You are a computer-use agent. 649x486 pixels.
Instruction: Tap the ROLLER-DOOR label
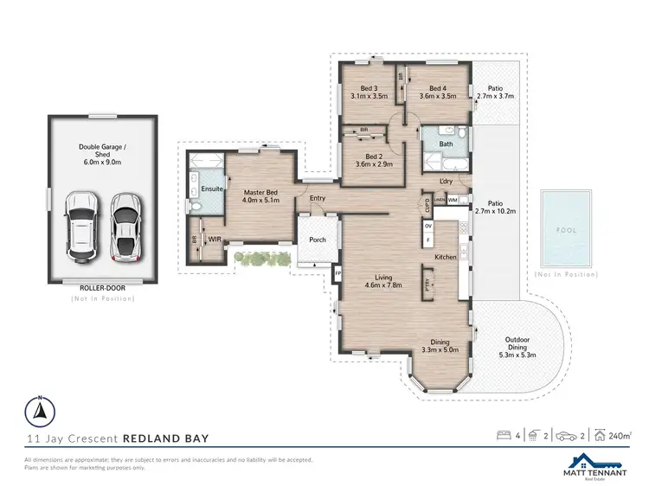[x=103, y=289]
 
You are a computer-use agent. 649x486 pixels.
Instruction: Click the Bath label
[x=446, y=144]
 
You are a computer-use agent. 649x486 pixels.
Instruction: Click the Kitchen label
[x=445, y=257]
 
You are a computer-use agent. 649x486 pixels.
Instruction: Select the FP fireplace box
[x=337, y=273]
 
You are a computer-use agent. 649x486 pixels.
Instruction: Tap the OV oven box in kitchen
[x=427, y=226]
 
